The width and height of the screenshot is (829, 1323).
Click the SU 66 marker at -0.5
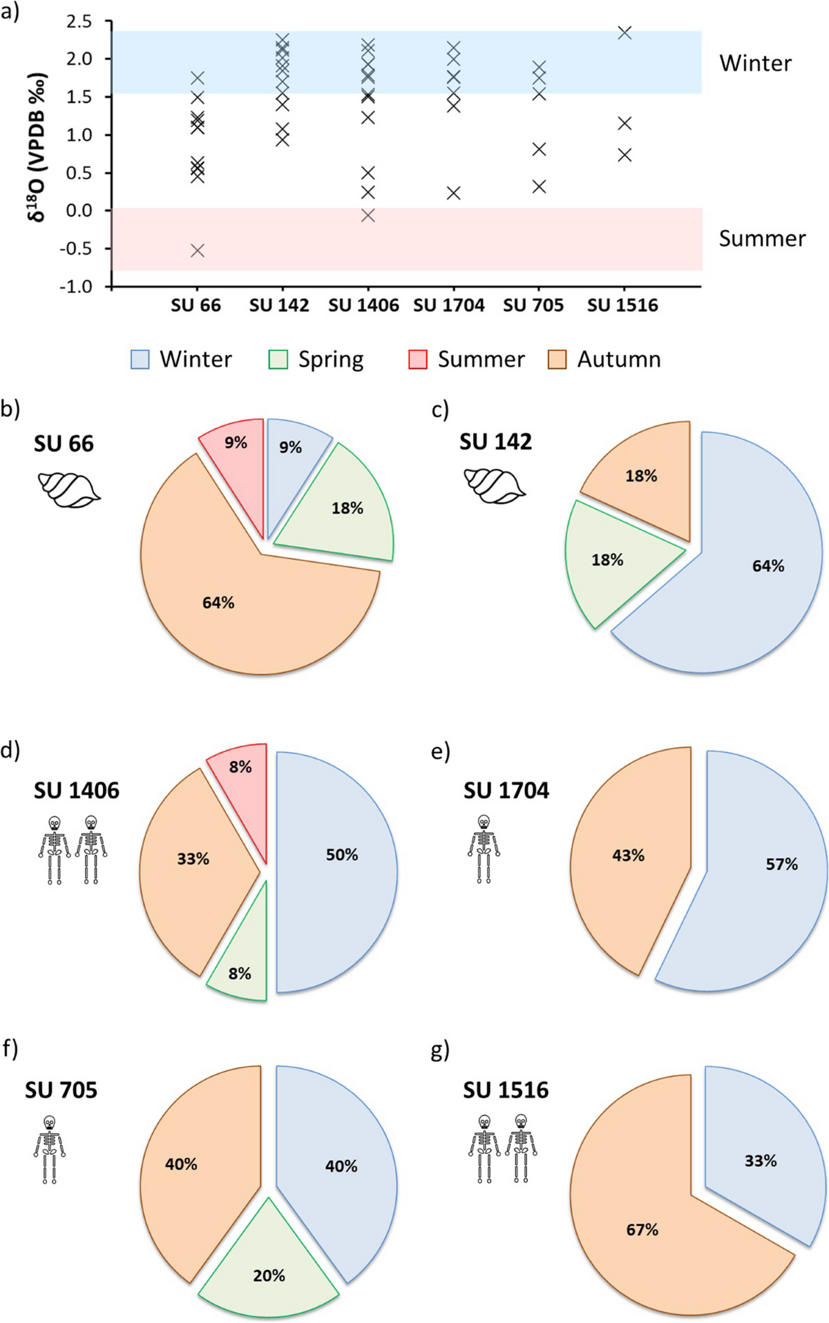point(198,250)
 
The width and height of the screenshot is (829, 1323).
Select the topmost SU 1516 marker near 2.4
point(625,32)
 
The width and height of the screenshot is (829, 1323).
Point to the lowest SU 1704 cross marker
point(453,193)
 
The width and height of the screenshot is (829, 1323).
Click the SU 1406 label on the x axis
point(363,305)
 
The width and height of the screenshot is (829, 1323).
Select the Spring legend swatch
point(278,359)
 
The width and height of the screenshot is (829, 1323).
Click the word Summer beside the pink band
point(762,239)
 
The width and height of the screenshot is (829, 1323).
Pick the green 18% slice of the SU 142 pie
point(611,556)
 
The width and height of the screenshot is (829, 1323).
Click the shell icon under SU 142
point(495,485)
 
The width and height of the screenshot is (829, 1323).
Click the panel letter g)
point(440,1051)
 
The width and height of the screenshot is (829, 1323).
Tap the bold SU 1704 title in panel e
point(506,790)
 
